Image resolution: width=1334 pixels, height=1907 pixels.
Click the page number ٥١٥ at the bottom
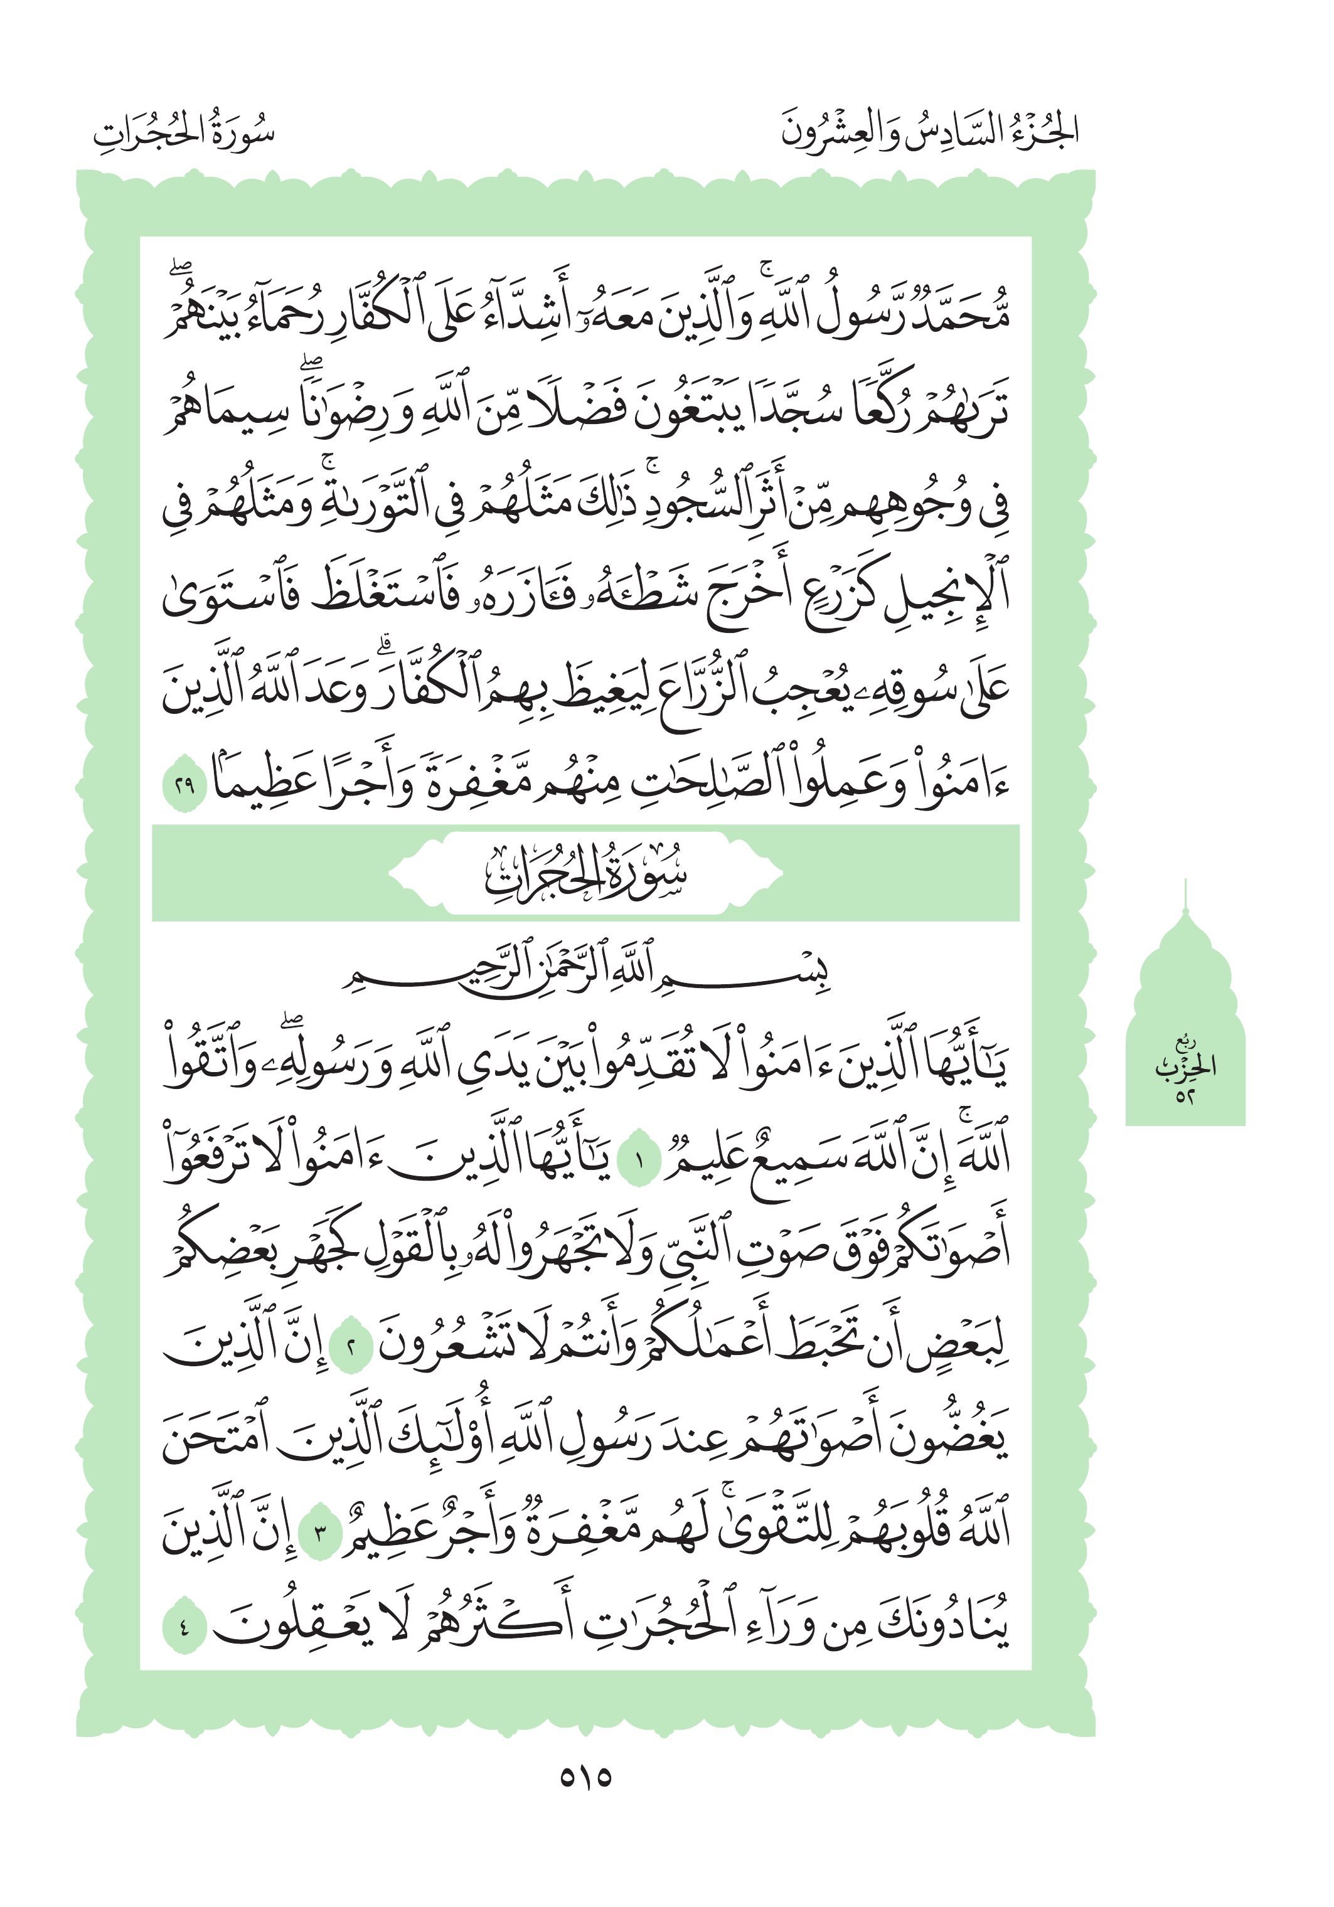pos(585,1777)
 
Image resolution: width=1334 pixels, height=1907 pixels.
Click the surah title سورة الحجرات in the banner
pos(585,874)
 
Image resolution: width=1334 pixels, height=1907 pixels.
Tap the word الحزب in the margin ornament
pos(1185,1066)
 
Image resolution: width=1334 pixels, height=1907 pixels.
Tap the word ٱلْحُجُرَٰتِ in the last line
pos(656,1624)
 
